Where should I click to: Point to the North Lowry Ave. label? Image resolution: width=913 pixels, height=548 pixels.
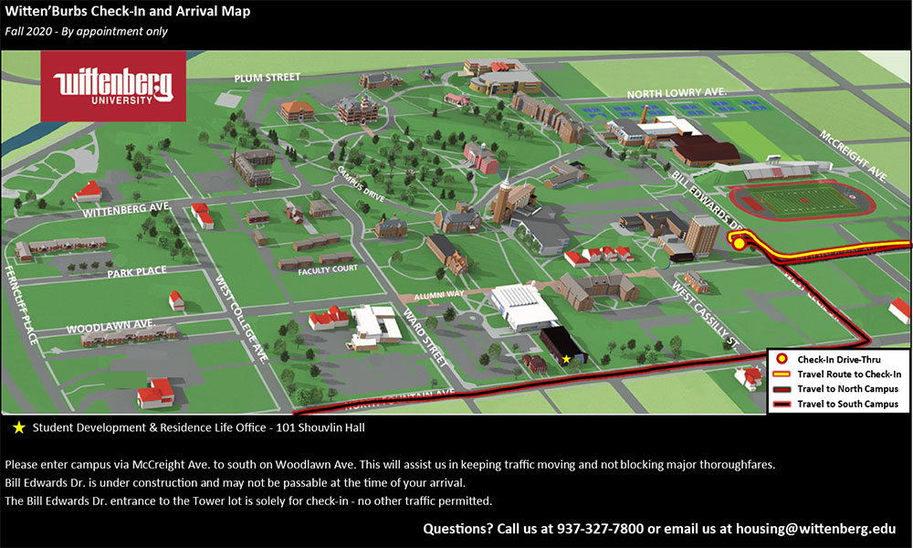pyautogui.click(x=676, y=93)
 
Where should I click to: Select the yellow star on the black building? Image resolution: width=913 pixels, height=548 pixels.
pyautogui.click(x=566, y=360)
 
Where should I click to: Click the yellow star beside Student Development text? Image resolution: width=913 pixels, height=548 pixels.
pyautogui.click(x=19, y=427)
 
